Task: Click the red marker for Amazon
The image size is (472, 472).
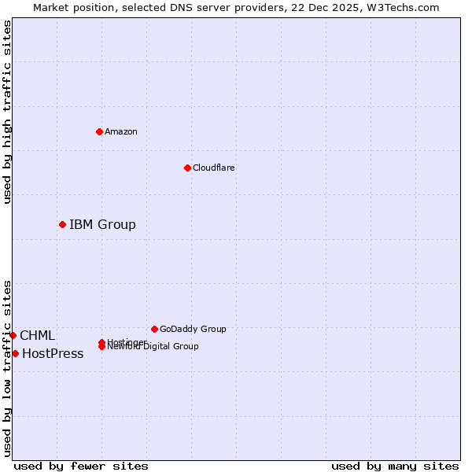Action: pos(99,131)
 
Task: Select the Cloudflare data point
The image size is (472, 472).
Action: pos(187,168)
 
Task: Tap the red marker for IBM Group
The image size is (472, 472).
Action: pos(62,225)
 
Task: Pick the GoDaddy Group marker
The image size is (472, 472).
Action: pos(154,329)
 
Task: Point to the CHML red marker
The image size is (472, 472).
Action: pos(13,336)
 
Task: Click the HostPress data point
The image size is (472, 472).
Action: pos(15,354)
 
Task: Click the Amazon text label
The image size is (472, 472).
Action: pos(120,131)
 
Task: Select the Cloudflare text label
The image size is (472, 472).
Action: pos(213,168)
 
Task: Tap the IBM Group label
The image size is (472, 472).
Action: pos(102,225)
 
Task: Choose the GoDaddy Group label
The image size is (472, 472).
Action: pos(193,329)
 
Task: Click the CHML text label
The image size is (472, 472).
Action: pos(37,336)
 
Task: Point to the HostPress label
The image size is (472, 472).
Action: pos(53,354)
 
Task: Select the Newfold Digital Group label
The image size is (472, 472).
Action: pos(153,347)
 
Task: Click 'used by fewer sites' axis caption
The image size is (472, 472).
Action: pos(81,466)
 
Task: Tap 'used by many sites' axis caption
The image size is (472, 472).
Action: pos(395,466)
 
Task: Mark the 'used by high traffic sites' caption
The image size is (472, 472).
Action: pos(7,112)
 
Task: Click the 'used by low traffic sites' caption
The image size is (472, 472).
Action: pos(7,368)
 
